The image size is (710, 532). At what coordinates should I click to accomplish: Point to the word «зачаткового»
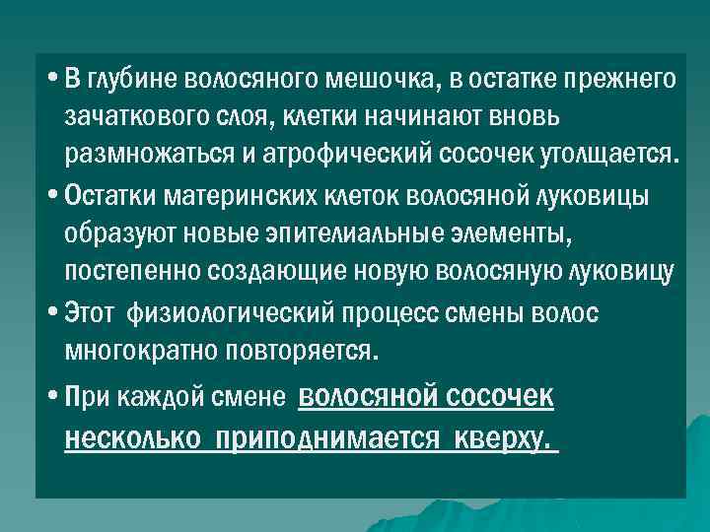click(x=128, y=117)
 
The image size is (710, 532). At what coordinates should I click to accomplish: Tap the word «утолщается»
click(x=606, y=156)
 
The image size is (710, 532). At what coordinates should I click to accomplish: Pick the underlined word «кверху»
click(x=502, y=437)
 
